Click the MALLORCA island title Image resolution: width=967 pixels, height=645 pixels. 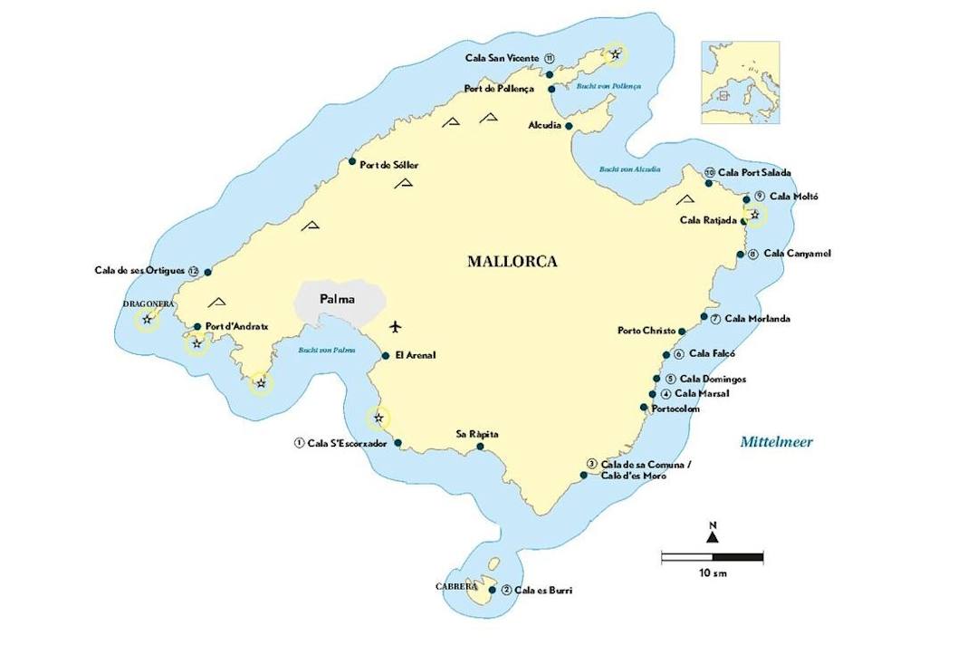click(512, 262)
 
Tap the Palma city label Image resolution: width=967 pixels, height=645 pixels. click(337, 299)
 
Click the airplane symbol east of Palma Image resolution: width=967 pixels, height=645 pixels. click(395, 326)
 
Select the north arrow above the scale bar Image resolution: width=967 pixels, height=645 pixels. click(713, 534)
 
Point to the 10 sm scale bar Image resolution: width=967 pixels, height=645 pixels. click(712, 556)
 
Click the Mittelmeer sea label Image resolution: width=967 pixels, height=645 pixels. click(776, 442)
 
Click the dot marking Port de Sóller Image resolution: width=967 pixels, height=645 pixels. click(352, 162)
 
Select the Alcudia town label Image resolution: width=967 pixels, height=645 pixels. click(545, 125)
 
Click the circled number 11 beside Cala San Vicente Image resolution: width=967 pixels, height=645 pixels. click(550, 58)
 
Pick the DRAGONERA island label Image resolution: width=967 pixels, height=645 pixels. click(148, 304)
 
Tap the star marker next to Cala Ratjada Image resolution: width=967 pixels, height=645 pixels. click(754, 215)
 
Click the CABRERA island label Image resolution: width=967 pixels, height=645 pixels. click(455, 586)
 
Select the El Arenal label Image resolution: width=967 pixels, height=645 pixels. click(416, 355)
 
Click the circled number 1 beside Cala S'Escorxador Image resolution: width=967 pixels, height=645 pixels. click(298, 443)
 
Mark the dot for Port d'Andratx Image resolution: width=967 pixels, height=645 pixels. click(197, 327)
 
